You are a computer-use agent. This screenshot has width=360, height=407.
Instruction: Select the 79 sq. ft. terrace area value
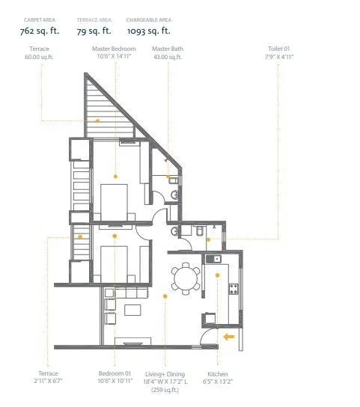[x=94, y=31]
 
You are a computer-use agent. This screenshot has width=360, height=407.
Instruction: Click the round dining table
[x=183, y=279]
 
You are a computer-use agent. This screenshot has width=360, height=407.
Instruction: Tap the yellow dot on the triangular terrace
[x=97, y=120]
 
